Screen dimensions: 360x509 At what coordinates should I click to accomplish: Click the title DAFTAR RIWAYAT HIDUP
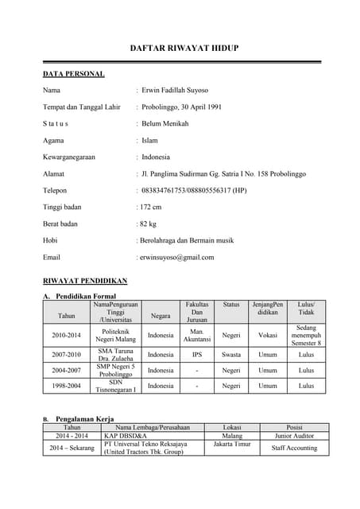tap(184, 49)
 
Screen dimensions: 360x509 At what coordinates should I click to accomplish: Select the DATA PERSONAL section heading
tap(73, 74)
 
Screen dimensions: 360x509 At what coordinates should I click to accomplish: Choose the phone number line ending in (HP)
tap(192, 191)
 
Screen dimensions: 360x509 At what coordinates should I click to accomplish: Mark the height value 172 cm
tap(153, 208)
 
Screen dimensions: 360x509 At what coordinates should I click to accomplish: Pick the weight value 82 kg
tap(151, 224)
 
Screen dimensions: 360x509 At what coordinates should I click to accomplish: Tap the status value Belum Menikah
tap(168, 124)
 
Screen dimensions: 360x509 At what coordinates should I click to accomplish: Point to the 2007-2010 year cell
tap(67, 354)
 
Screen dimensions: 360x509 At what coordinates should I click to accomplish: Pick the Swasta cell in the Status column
tap(231, 354)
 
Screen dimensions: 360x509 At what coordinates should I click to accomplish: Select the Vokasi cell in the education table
tap(268, 335)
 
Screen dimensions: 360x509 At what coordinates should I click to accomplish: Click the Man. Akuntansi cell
tap(197, 335)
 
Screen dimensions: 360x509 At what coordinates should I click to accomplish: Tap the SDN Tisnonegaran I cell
tap(116, 386)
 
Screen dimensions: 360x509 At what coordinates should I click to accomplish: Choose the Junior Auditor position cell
tap(294, 436)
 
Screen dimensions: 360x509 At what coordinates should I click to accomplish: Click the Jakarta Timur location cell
tap(232, 444)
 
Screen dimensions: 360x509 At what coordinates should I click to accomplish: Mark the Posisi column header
tap(294, 427)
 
